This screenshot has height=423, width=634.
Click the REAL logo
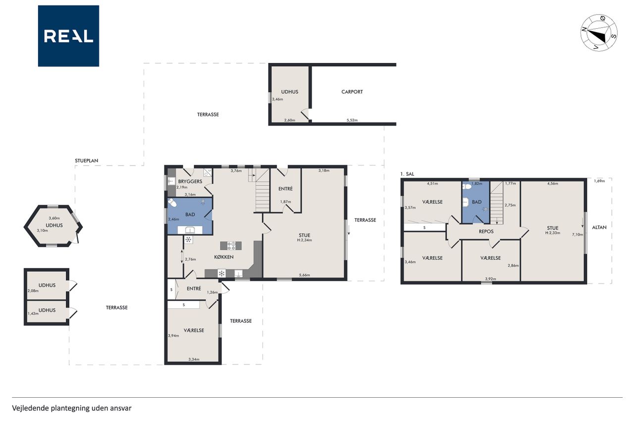68,36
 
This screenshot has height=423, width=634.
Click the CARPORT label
352,92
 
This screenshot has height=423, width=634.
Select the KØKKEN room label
223,257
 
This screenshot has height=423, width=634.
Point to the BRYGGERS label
190,181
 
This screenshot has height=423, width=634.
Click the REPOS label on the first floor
486,232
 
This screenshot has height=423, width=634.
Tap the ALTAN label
599,227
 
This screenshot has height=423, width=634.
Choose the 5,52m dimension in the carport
352,120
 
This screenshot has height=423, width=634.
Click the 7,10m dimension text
578,235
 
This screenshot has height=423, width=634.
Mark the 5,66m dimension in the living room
305,275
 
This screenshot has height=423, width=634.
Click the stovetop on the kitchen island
231,245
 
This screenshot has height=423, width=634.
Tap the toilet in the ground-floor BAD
172,203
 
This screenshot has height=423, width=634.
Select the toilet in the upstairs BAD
467,186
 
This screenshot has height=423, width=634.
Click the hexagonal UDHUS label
54,226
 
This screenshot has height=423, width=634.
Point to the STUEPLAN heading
86,161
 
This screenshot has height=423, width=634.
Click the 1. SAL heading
407,174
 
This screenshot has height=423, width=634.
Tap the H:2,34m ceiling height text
305,240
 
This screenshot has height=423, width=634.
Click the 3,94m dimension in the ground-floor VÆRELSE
173,336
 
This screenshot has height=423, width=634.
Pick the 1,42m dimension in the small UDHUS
33,313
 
